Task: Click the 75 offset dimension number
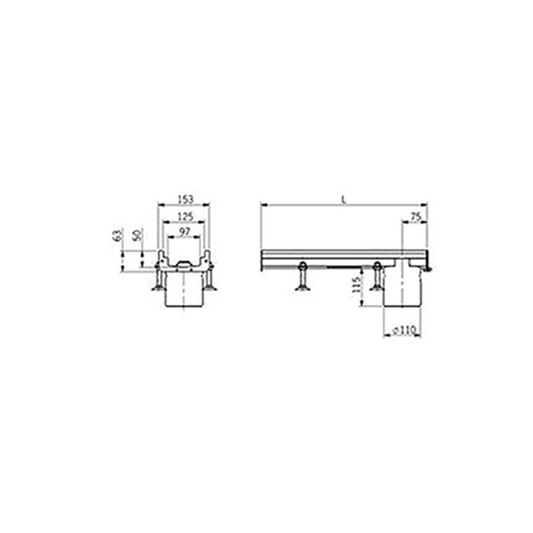point(414,215)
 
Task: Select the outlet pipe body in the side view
point(404,286)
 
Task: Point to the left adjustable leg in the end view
point(157,280)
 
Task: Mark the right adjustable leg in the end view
point(211,280)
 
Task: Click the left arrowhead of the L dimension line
point(263,204)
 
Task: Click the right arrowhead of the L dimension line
point(425,204)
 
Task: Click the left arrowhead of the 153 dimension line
point(159,205)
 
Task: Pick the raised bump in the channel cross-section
point(183,266)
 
